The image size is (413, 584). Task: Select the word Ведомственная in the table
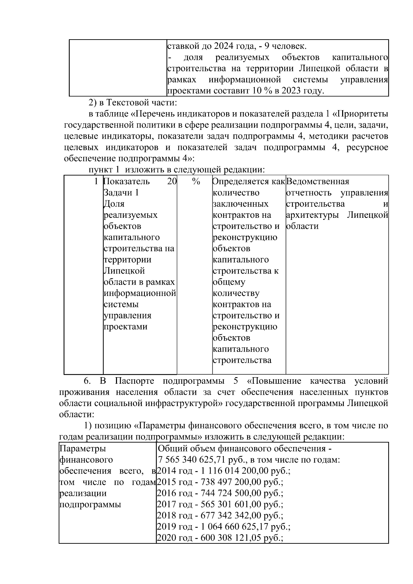317,181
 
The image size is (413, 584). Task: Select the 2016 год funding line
220,493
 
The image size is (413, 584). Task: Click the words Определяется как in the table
248,181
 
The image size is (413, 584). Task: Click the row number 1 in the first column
96,181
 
